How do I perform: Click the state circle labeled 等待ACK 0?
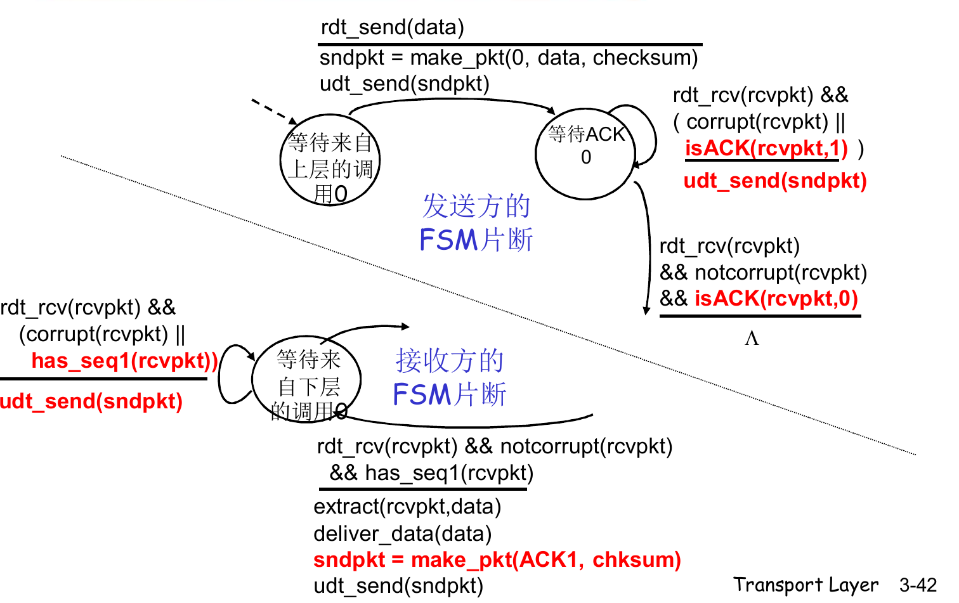click(x=585, y=154)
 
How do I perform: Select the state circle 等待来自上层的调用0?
click(x=329, y=160)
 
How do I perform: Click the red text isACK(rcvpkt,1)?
click(x=766, y=148)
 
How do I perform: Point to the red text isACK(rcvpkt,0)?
click(x=776, y=298)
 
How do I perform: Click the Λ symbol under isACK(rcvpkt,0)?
click(x=752, y=339)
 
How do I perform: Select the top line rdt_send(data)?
click(x=392, y=27)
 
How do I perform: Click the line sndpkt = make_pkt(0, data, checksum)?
click(x=508, y=58)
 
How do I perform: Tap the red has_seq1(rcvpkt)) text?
click(x=124, y=361)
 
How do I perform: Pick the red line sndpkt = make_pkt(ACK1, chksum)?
click(x=497, y=560)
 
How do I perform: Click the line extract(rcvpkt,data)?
click(x=407, y=507)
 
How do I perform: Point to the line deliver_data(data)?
click(x=402, y=534)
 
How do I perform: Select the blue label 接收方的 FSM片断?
click(x=449, y=378)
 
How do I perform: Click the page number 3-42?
click(x=917, y=585)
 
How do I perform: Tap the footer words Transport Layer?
click(x=806, y=585)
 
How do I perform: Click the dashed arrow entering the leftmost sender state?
click(x=273, y=110)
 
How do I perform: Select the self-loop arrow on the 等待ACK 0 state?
click(x=651, y=130)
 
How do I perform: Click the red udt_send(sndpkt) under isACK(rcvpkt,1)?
click(x=774, y=181)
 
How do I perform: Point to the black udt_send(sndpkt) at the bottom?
click(x=398, y=586)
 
